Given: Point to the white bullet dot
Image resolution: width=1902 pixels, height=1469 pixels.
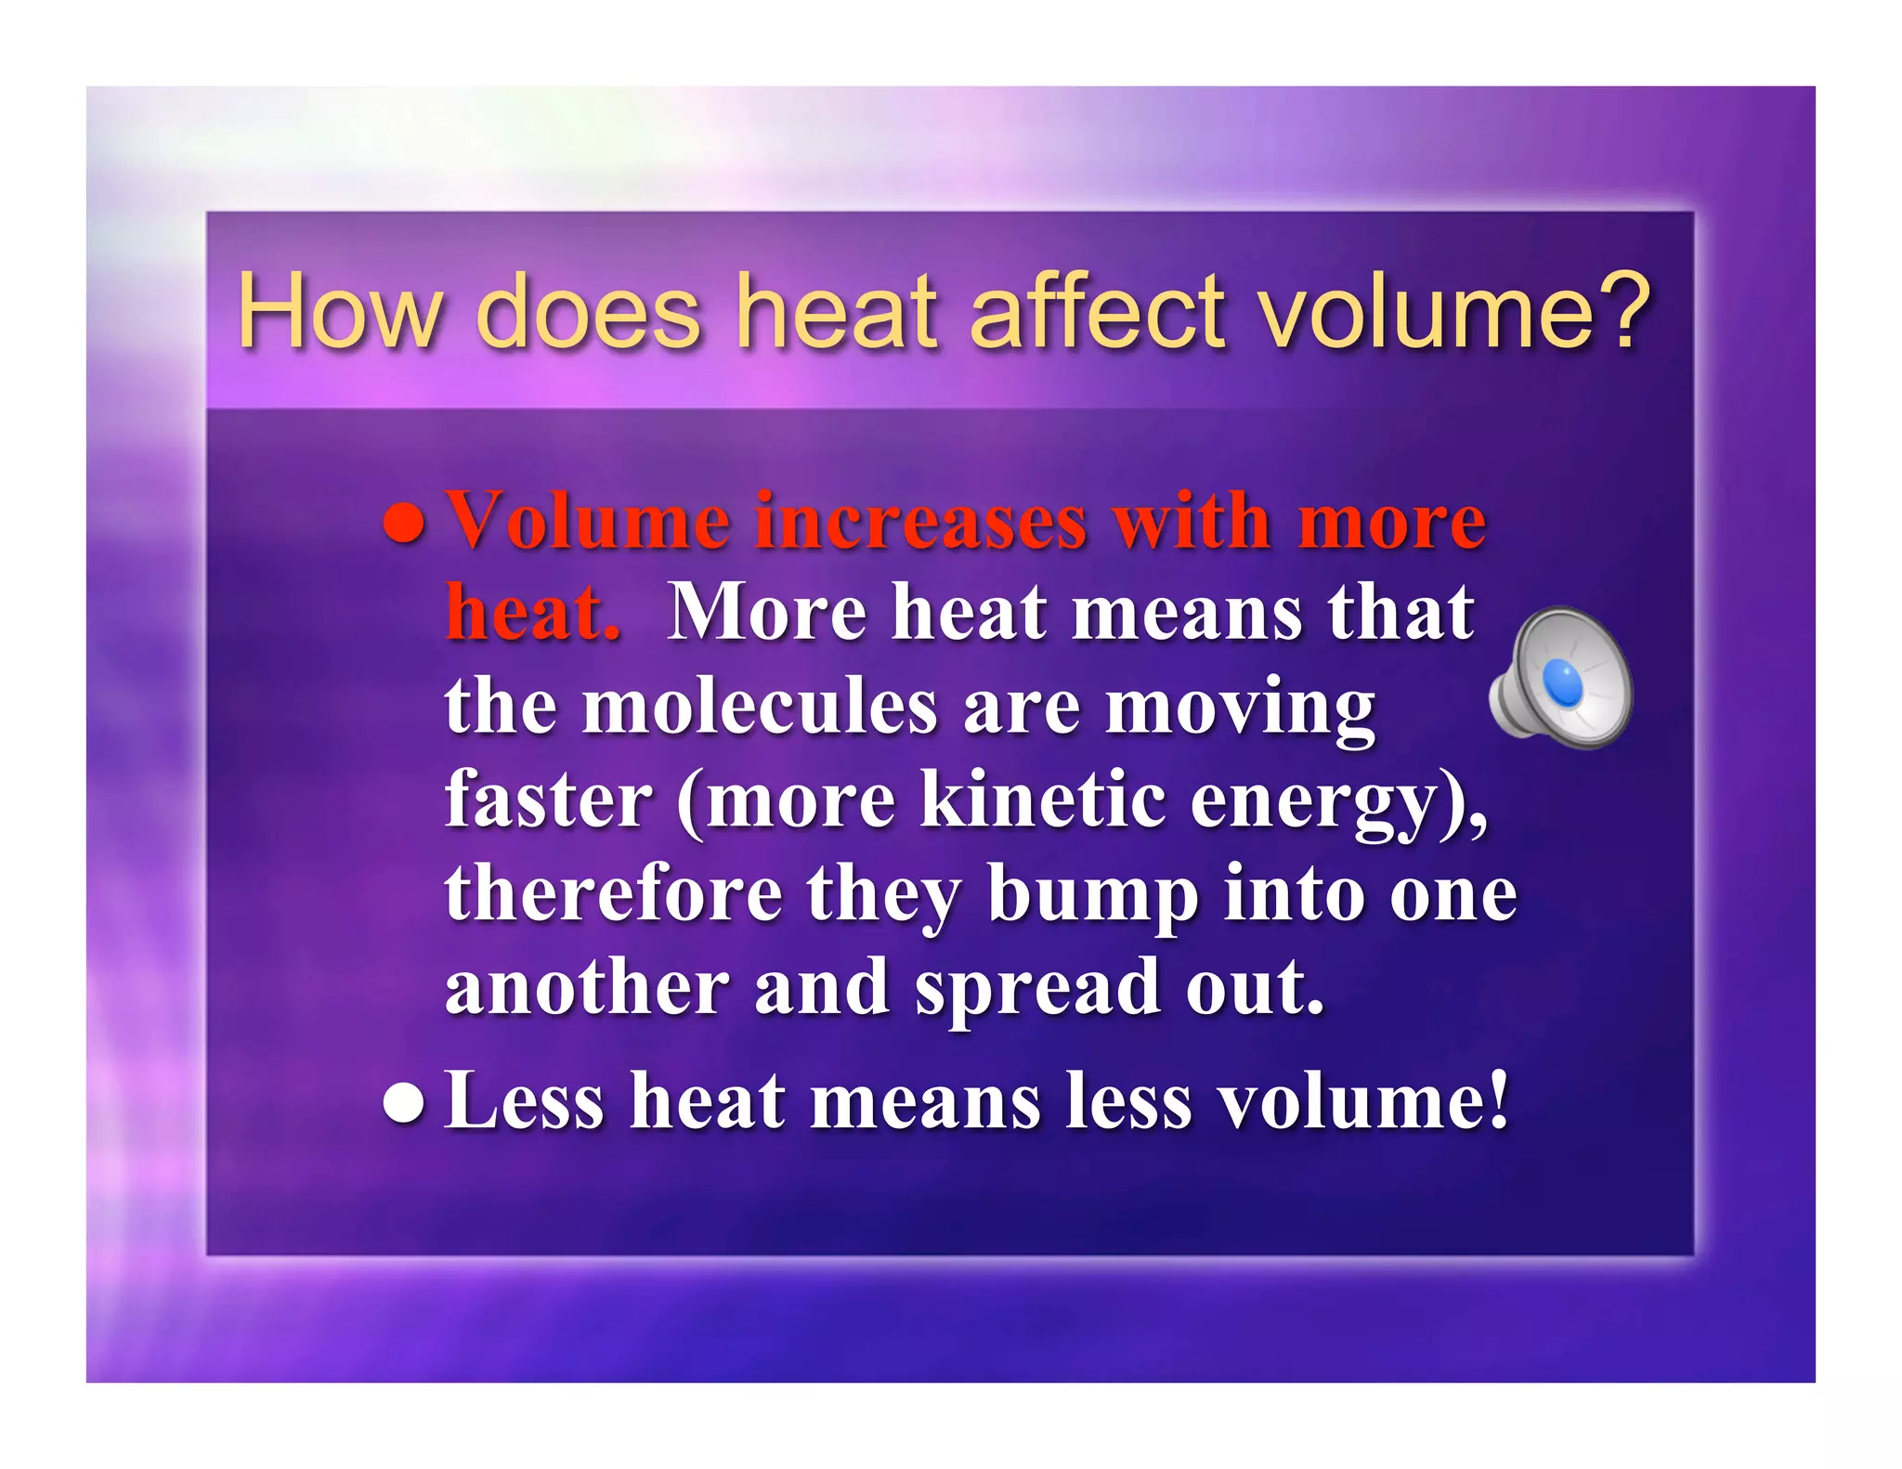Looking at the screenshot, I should coord(404,1103).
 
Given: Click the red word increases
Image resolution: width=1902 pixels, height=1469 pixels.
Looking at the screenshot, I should coord(919,522).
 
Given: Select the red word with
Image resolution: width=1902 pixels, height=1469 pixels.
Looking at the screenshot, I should coord(1192,522).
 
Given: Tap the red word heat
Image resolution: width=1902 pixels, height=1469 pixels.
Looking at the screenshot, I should coord(532,613).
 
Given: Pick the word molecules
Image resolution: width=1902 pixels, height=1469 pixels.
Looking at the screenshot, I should coord(760,708).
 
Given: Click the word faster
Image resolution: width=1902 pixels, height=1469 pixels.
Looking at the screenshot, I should coord(548,799).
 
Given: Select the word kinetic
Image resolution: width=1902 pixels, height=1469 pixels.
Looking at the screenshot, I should coord(1042,799).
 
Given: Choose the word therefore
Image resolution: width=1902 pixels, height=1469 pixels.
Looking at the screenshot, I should coord(613,893).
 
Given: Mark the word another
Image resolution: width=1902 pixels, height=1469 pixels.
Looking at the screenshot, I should coord(587,987).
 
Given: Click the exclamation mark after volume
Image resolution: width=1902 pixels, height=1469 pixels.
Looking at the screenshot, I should coord(1497,1101).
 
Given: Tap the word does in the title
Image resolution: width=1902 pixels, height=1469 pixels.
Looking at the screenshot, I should coord(587,312).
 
